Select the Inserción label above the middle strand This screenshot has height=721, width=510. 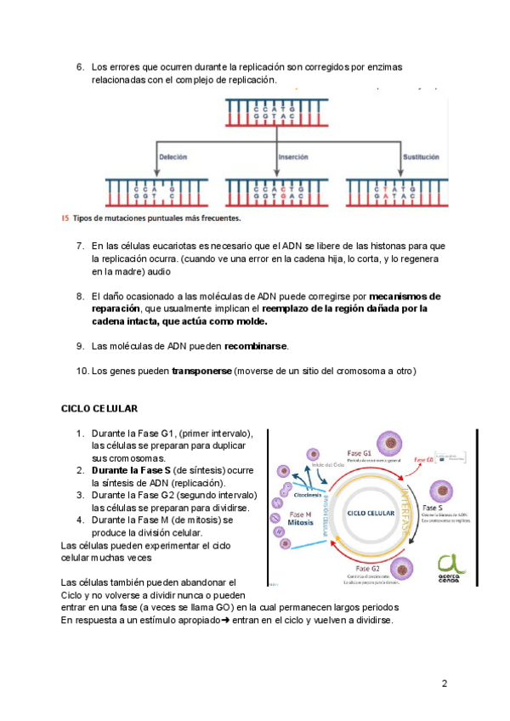pos(293,157)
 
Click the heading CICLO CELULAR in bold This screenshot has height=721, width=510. pos(101,409)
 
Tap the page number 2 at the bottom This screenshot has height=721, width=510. pos(444,684)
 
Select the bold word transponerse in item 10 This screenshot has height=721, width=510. pos(201,371)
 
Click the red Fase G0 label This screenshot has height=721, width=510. pos(423,460)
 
